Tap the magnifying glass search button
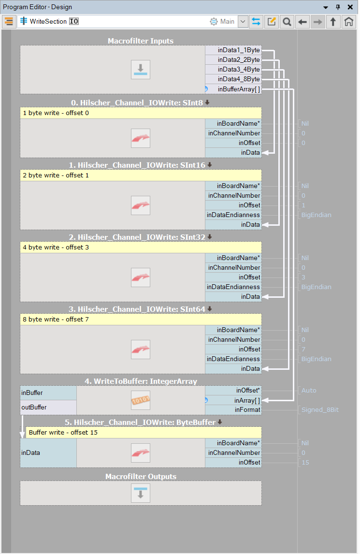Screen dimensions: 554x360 (287, 22)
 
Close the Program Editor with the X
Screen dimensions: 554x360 (350, 7)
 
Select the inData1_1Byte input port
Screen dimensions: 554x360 (239, 50)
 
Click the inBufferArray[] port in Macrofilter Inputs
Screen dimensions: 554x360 (239, 89)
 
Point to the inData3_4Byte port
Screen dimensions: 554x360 (239, 70)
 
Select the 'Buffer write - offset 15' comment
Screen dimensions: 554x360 (63, 432)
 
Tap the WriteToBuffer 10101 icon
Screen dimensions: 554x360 (141, 400)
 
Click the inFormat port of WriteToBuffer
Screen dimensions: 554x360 (247, 410)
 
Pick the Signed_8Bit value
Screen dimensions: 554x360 (320, 410)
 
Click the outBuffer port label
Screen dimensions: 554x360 (34, 407)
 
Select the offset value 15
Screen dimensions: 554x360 (305, 463)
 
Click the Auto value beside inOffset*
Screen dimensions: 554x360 (309, 391)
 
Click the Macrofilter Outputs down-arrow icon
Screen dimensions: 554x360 (141, 493)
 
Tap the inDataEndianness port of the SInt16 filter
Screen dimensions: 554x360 (233, 215)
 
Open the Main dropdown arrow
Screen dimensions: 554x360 (243, 22)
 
